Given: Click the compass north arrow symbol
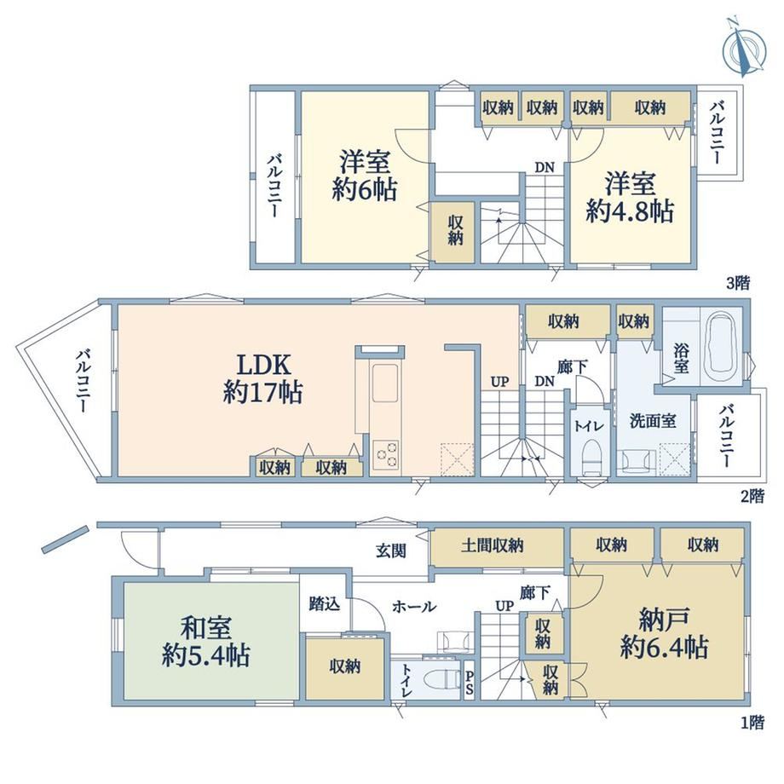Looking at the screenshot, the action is pos(745,48).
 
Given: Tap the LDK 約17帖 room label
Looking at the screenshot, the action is pos(263,378).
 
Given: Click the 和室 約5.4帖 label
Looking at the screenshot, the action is pos(206,642).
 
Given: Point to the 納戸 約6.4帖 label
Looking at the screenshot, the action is pos(665,633).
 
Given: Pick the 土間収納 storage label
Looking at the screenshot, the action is pos(492,545).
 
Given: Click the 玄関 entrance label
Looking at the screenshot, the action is pos(391,551).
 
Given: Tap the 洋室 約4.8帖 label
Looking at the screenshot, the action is pos(630,197).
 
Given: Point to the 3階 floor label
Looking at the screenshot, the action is pos(738,283).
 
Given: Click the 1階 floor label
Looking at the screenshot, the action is pos(752,723).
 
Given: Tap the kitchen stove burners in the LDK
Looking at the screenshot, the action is pos(386,455).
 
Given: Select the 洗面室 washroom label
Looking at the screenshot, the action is pos(653,421).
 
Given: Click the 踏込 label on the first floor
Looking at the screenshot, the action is pos(325,603).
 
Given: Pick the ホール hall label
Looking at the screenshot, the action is pos(414,607).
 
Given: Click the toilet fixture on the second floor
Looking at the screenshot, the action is pos(591,455).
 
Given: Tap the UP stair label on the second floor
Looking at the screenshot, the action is pos(499,382).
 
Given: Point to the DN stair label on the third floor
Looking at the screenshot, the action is pos(545,168).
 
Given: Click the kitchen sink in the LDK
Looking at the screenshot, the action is pos(384,382).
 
